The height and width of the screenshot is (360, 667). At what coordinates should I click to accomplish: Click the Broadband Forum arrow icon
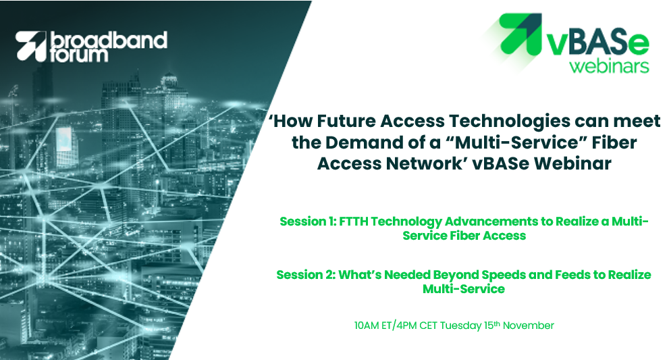tap(31, 47)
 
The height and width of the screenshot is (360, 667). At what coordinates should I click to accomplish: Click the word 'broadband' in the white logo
tap(109, 40)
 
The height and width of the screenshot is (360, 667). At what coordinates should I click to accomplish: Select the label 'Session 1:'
tap(308, 222)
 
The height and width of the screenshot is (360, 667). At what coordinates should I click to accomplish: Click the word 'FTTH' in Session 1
tap(354, 222)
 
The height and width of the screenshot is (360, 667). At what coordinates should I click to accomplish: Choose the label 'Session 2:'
tap(306, 275)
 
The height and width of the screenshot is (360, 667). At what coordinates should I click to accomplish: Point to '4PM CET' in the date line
tap(416, 326)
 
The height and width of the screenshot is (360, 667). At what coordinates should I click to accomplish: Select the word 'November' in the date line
tap(529, 326)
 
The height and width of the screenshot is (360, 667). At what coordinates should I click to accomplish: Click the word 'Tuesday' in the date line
tap(460, 326)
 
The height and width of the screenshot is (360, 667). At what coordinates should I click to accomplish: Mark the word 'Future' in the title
tap(346, 122)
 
